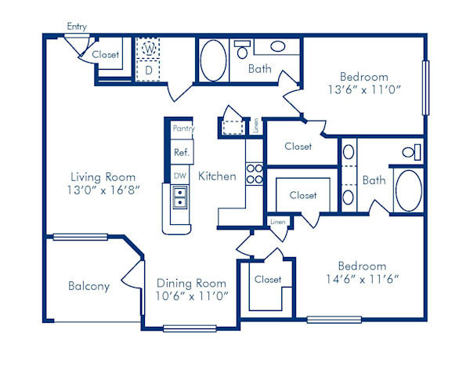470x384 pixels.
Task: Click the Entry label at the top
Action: tap(77, 27)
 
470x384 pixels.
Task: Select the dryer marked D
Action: tap(148, 71)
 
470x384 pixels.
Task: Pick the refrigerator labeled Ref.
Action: tap(181, 152)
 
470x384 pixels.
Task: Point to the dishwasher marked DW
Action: tap(179, 176)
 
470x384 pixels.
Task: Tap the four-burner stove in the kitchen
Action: tap(255, 173)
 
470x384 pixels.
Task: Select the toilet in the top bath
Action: tap(243, 50)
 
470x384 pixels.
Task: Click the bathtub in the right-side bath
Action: tap(407, 190)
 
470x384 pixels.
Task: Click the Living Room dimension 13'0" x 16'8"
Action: tap(103, 190)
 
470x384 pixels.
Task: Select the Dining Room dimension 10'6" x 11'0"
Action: tap(191, 295)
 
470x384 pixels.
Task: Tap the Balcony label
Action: tap(89, 286)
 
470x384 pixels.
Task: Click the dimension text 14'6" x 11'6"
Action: tap(362, 279)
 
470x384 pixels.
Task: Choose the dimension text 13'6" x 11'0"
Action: tap(363, 90)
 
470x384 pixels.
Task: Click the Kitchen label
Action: tap(217, 176)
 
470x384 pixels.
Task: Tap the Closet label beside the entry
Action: tap(105, 55)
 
